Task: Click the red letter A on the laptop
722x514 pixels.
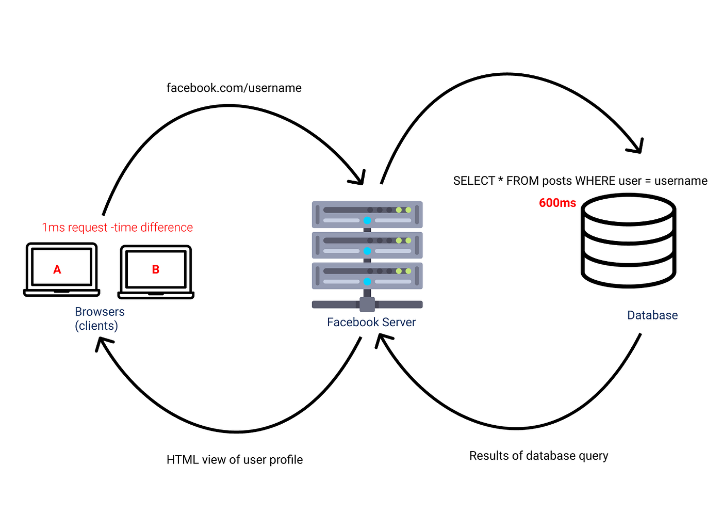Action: tap(57, 269)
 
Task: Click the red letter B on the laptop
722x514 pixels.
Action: tap(155, 269)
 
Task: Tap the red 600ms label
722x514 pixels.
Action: tap(557, 203)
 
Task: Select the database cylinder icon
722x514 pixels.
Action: tap(628, 240)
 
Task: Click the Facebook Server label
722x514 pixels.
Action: tap(371, 322)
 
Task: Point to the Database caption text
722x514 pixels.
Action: tap(652, 315)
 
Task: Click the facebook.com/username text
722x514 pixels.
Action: tap(234, 88)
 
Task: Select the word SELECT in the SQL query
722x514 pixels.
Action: tap(473, 181)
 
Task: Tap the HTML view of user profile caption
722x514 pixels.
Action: tap(234, 460)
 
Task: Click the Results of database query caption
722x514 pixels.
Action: tap(538, 456)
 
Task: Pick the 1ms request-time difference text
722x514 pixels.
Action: tap(117, 228)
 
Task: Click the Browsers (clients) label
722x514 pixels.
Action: tap(99, 318)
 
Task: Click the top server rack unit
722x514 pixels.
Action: tap(367, 215)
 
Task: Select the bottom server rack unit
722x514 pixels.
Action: tap(367, 276)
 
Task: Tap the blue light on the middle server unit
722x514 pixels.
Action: tap(367, 251)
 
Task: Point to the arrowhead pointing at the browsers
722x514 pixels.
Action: tap(102, 343)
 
